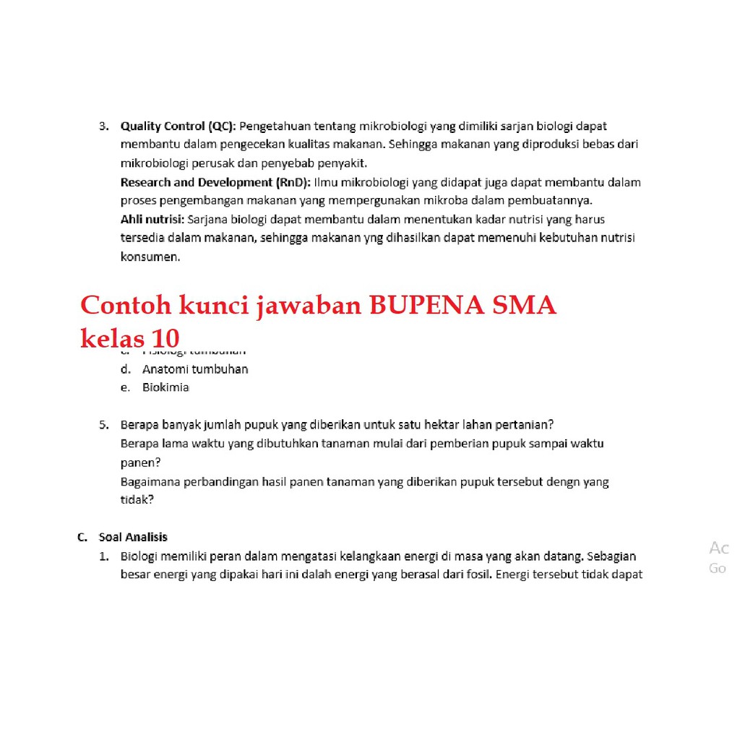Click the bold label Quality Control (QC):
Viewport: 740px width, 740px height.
click(178, 126)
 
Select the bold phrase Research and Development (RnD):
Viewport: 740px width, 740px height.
click(215, 182)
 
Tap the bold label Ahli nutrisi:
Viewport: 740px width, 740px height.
click(152, 219)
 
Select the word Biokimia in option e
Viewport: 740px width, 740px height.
click(165, 387)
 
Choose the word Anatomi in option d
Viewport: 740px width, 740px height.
click(165, 369)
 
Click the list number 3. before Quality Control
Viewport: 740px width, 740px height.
click(104, 126)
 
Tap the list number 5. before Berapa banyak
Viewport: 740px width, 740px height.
click(104, 424)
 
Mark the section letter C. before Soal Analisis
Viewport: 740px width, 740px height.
click(82, 537)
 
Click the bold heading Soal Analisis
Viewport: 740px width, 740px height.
click(133, 537)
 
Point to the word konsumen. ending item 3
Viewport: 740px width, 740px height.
click(150, 257)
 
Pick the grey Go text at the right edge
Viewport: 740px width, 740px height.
click(718, 569)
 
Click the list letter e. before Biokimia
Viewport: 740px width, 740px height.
click(125, 387)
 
